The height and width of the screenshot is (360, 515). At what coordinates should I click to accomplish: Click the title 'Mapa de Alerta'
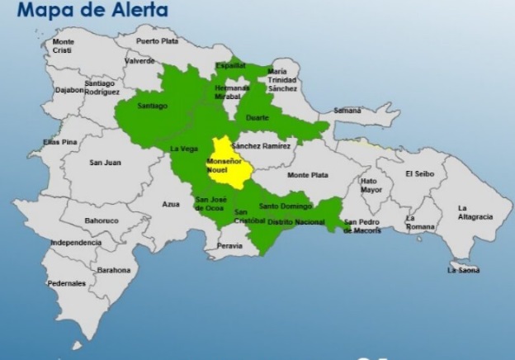(92, 11)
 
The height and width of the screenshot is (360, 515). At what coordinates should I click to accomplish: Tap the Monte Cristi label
(63, 45)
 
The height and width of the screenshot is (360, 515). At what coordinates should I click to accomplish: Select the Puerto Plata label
(157, 40)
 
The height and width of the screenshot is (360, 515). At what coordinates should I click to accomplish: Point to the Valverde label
(139, 60)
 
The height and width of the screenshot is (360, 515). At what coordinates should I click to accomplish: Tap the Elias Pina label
(60, 142)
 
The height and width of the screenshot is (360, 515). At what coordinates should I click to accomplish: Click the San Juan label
(105, 162)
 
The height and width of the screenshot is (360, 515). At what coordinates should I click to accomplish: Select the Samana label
(347, 110)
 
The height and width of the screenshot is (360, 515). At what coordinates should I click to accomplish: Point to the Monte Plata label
(308, 175)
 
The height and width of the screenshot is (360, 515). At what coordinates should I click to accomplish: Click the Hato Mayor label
(371, 185)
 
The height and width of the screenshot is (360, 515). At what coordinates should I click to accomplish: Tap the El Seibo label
(420, 173)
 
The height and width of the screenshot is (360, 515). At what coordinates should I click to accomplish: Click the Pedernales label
(67, 283)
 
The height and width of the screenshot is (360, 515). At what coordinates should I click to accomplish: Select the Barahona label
(113, 269)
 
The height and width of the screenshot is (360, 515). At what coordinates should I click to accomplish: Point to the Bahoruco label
(102, 220)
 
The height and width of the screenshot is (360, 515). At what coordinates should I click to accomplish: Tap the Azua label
(171, 204)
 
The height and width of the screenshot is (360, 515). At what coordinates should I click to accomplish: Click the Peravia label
(230, 246)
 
